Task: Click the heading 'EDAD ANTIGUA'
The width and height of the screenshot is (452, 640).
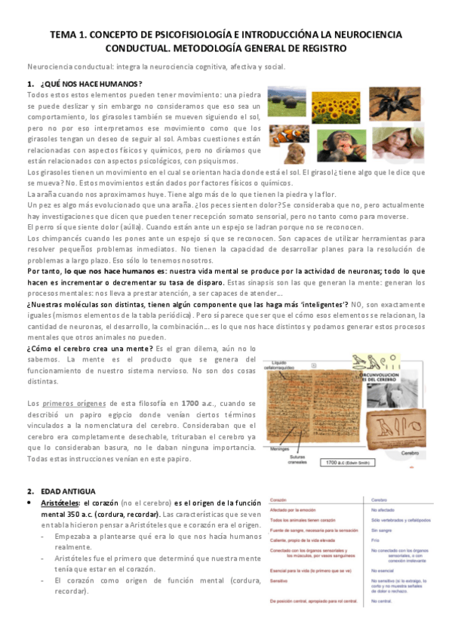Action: click(69, 469)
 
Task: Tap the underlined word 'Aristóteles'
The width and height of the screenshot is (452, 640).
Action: click(60, 482)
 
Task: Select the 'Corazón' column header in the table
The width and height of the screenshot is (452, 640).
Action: click(278, 478)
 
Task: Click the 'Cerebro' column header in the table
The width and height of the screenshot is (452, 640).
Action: click(372, 478)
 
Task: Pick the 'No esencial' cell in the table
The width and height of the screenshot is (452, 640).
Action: click(377, 550)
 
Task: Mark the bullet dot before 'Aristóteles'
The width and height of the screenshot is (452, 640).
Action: click(29, 482)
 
